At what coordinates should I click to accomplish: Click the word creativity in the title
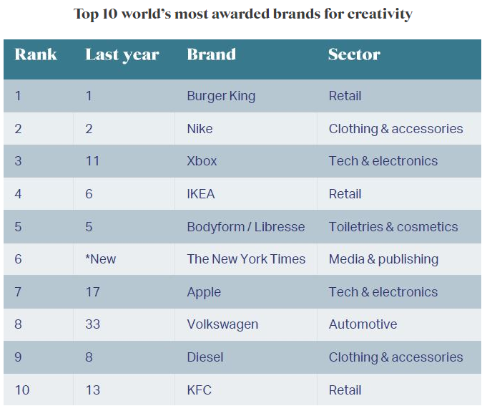coord(379,14)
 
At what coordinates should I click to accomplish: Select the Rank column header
coord(36,54)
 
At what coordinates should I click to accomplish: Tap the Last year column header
coord(122,54)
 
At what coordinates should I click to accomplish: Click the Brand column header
coord(211,54)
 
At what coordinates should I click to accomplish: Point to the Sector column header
coord(354,54)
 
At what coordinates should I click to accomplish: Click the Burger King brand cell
coord(221,96)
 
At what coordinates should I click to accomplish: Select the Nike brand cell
coord(200,129)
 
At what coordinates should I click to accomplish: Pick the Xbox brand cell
coord(202,161)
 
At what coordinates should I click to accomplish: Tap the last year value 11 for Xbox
coord(92,161)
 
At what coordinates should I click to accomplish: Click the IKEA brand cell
coord(201,194)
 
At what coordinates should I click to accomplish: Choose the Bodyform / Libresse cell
coord(246,227)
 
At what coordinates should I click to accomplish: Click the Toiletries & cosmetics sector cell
coord(393,227)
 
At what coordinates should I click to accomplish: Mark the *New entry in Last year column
coord(100,259)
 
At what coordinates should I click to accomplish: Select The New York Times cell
coord(246,259)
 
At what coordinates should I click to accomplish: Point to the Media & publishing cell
coord(383,259)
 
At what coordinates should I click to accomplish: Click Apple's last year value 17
coord(92,292)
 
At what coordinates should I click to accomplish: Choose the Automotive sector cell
coord(363,324)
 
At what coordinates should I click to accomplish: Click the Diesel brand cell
coord(205,357)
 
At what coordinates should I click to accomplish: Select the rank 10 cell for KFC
coord(22,390)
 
